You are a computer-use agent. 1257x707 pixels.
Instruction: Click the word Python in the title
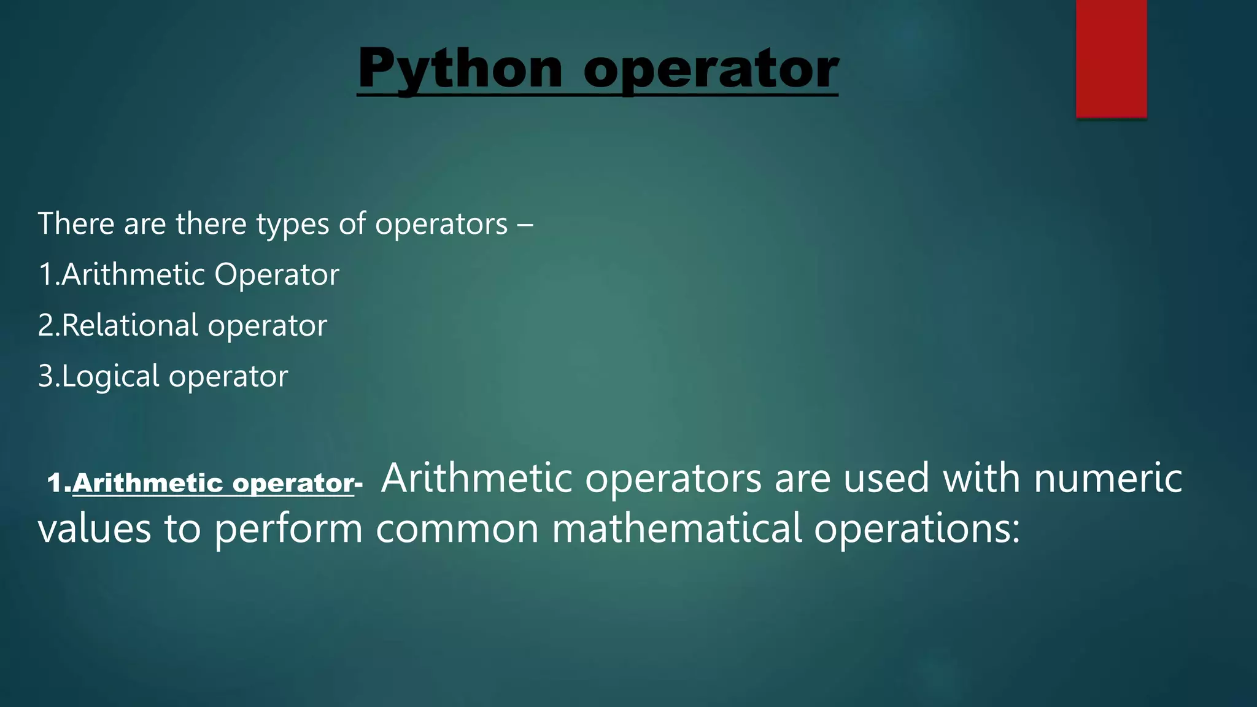coord(460,69)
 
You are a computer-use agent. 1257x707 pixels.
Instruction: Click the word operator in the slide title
coord(711,69)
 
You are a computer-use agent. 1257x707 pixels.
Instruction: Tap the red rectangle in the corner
coord(1111,58)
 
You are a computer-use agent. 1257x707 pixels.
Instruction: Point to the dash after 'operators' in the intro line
coord(525,224)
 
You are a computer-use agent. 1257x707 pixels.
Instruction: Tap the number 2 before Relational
coord(45,325)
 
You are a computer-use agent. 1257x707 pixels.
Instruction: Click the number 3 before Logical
coord(45,376)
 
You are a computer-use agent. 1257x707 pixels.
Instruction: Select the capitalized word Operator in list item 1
coord(276,274)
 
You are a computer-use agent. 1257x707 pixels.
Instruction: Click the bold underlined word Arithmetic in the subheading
coord(147,484)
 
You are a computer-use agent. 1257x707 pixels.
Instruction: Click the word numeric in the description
coord(1108,479)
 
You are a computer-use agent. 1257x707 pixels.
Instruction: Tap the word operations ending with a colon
coord(916,529)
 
